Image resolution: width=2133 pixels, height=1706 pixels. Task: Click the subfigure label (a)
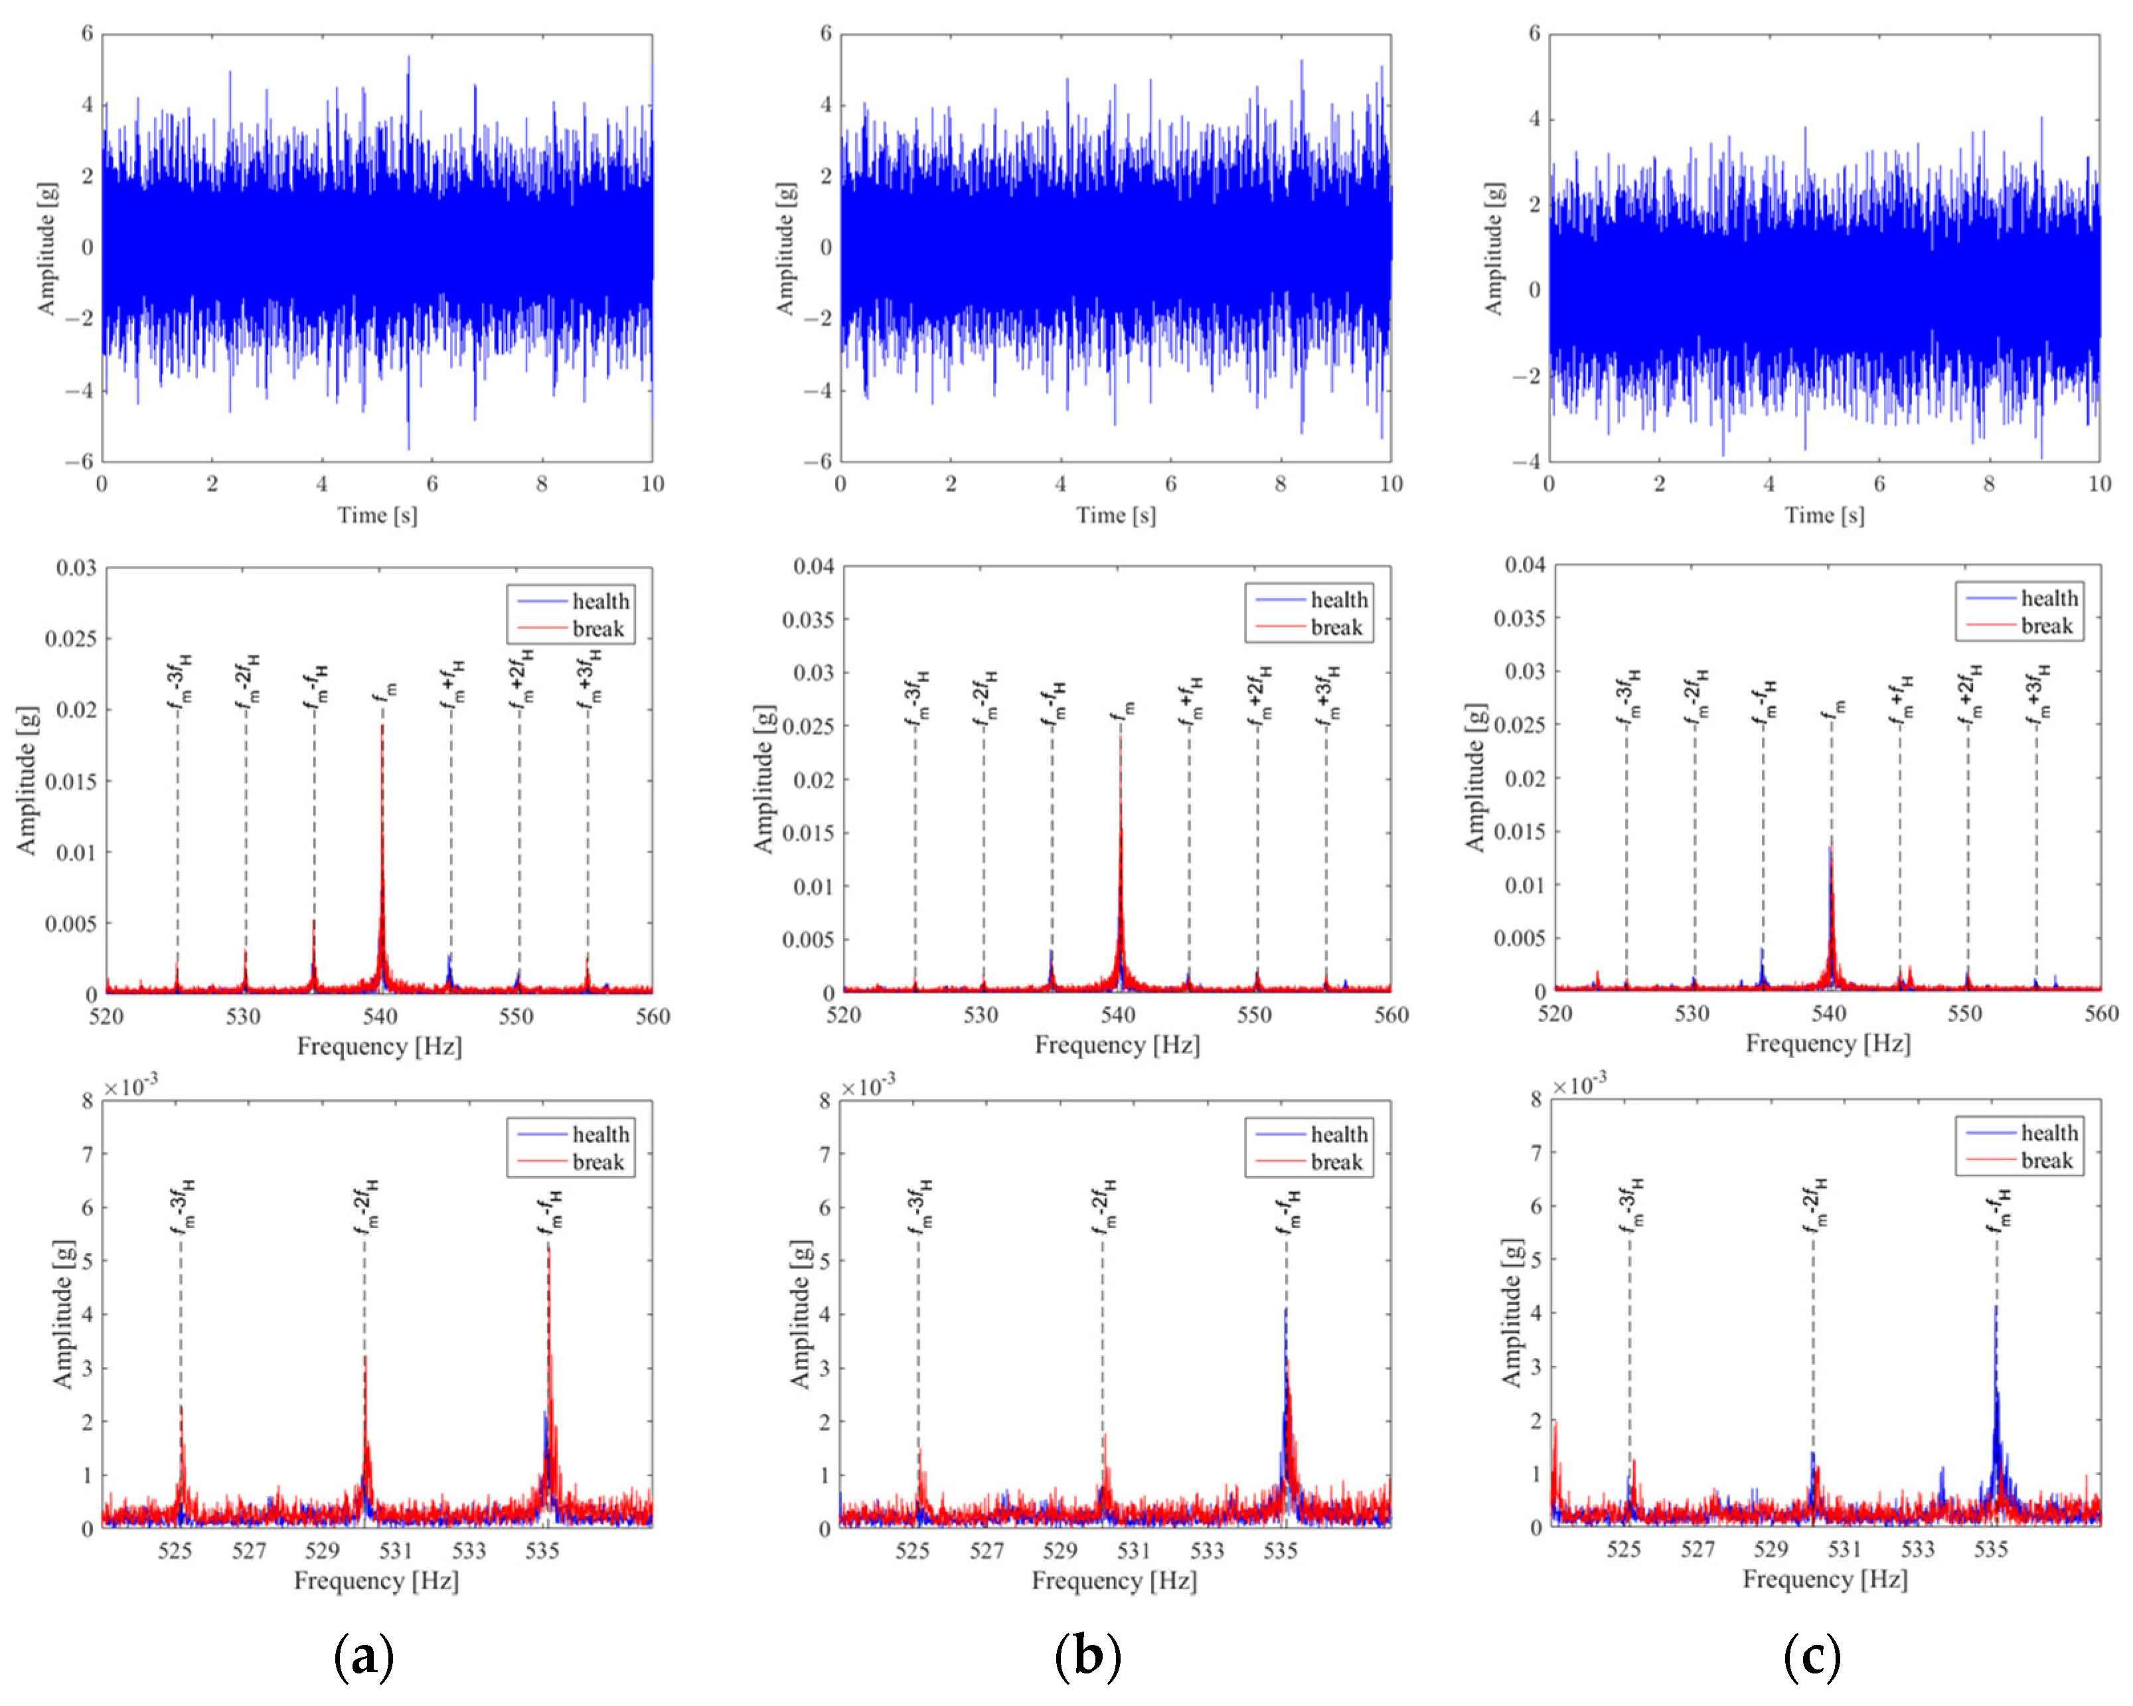(364, 1656)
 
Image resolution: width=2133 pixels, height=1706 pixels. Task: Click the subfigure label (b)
(1087, 1656)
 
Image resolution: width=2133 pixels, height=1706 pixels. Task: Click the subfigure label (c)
(1812, 1656)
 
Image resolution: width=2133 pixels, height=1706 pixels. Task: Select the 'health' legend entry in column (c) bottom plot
(2049, 1133)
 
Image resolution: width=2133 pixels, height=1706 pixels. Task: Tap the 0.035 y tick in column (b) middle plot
(809, 620)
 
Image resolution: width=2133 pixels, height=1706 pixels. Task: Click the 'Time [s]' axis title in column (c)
(1824, 515)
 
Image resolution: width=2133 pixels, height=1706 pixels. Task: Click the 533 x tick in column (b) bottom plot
(1206, 1551)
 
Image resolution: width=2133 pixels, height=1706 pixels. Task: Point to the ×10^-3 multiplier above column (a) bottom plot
(131, 1086)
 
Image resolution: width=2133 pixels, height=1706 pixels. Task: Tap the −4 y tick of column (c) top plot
(1526, 461)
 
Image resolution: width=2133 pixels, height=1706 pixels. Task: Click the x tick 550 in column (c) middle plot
(1965, 1014)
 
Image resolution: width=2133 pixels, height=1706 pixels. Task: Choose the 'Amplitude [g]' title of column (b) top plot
(785, 248)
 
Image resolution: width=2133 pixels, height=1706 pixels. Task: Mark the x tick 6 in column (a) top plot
(432, 484)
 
